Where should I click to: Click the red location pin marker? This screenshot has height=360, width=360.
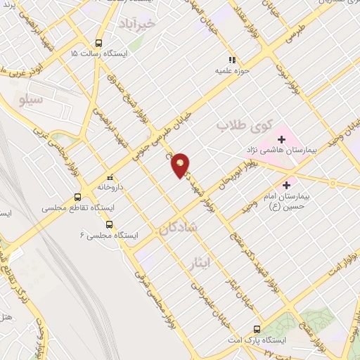[181, 165]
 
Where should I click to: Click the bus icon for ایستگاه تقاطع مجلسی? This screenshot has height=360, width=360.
[77, 198]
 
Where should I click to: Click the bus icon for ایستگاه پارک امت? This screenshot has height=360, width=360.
[257, 329]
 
